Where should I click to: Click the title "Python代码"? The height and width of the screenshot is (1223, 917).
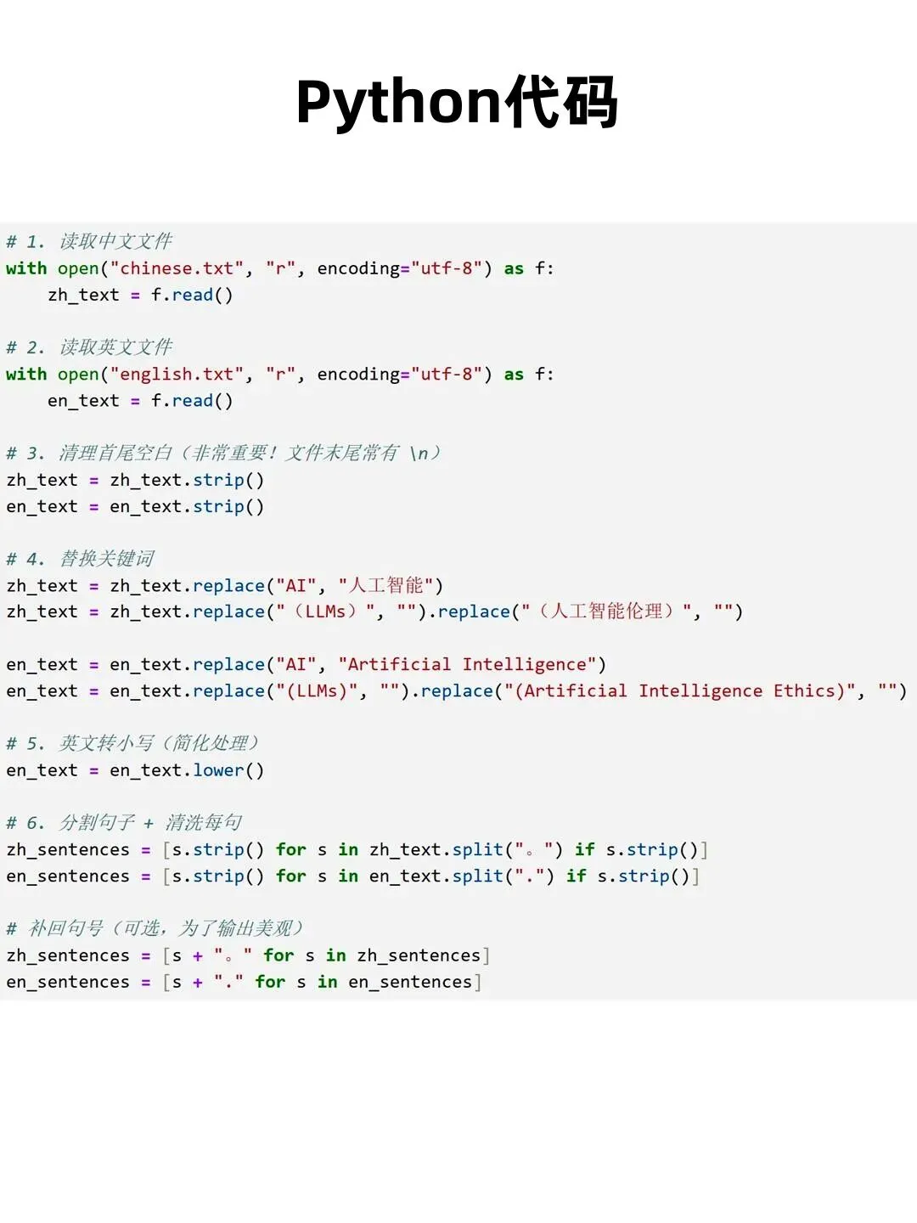pos(457,103)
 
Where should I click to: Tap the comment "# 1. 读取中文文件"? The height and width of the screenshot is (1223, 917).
pos(89,242)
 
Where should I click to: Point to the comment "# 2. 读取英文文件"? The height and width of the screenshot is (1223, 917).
pos(89,347)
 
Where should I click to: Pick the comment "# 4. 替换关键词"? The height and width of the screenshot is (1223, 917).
pos(81,559)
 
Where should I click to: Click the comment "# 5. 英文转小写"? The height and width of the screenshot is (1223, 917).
pos(132,744)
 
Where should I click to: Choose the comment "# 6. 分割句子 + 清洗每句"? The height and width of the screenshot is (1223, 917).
pos(124,823)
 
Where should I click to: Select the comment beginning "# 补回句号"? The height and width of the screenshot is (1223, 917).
pos(154,929)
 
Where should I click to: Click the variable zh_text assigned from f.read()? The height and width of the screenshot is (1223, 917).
pos(83,296)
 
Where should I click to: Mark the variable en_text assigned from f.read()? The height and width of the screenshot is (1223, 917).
pos(83,401)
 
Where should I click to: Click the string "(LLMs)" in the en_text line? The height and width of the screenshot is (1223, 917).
pos(317,691)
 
